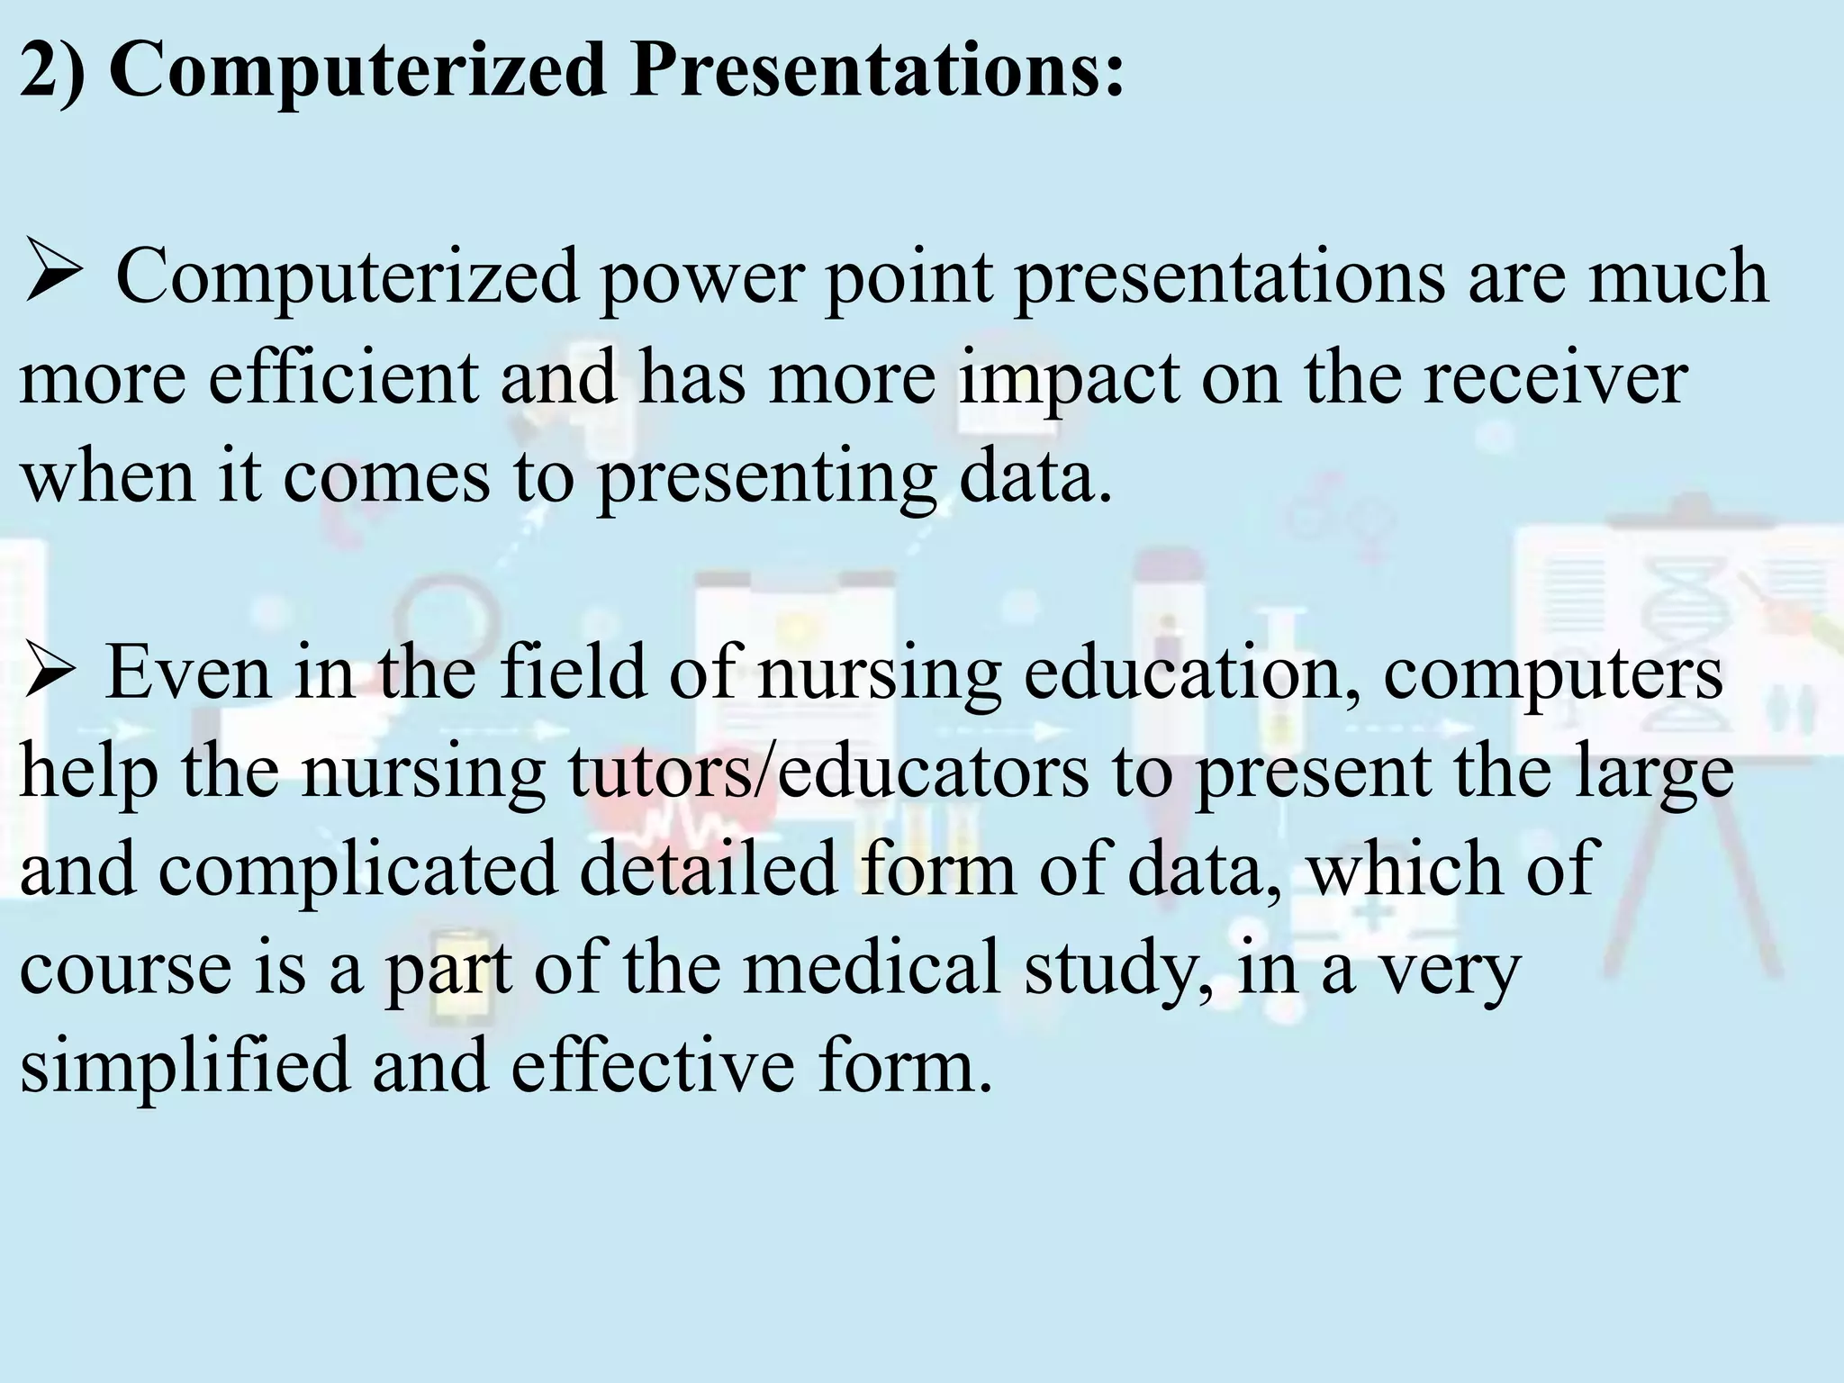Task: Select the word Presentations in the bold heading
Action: point(877,71)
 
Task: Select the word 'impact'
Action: point(1069,378)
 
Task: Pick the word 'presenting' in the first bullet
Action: point(766,477)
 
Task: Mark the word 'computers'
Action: point(1553,674)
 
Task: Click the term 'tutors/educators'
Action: point(827,773)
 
